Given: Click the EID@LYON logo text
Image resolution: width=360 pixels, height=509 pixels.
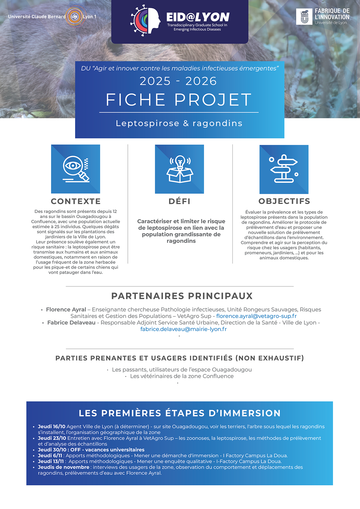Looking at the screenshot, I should (198, 17).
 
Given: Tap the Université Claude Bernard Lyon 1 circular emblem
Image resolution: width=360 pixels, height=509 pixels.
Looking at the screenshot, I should (74, 17).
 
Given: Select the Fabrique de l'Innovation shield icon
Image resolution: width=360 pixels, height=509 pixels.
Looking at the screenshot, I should (304, 16).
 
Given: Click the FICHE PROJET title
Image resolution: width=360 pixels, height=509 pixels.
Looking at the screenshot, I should (179, 100).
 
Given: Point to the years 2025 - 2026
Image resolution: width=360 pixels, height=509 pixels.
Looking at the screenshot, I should (178, 81).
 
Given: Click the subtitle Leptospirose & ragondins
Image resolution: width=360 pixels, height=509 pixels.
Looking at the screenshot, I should (179, 123).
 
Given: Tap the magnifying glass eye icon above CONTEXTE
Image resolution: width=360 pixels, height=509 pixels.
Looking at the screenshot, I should (76, 169).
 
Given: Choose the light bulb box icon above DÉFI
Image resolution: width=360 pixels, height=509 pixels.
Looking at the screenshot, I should (179, 169).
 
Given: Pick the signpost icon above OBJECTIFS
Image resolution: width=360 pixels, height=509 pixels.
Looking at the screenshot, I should (284, 169).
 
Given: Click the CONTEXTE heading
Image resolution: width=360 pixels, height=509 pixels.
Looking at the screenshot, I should (76, 201).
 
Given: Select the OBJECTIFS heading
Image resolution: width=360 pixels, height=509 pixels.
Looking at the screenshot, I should (284, 201).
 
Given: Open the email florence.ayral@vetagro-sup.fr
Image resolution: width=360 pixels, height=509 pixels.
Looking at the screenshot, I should (256, 316).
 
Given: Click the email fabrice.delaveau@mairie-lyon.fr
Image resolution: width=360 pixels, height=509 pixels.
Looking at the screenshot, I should (183, 329).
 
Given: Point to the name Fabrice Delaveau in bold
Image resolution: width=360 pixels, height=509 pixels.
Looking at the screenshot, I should (71, 323).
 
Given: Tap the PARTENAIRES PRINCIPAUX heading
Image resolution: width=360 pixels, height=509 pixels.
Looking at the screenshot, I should (182, 296).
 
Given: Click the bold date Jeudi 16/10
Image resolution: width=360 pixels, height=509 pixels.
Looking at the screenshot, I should (52, 427).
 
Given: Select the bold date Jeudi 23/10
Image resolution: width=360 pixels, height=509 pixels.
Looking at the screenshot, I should (52, 438).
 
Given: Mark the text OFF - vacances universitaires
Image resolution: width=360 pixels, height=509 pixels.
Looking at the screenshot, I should (107, 450).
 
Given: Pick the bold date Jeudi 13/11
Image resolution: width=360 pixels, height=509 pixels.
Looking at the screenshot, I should (51, 461).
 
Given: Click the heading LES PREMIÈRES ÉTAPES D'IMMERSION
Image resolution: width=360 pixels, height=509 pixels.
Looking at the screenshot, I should (180, 413).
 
